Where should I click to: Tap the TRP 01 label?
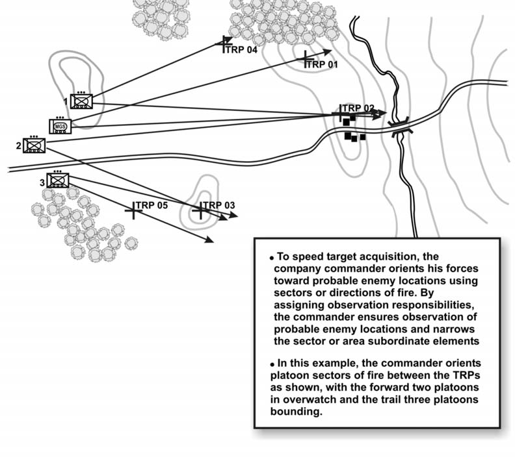coord(323,65)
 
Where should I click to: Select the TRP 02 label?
coord(359,108)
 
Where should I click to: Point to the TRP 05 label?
coord(152,205)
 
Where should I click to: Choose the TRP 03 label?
coord(219,205)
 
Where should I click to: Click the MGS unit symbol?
coord(59,125)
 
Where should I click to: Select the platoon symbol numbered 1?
coord(82,101)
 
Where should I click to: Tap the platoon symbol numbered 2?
coord(33,145)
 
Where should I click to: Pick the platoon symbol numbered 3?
coord(58,180)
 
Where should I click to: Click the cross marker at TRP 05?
coord(134,210)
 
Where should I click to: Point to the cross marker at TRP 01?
coord(305,59)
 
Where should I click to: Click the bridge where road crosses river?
coord(398,125)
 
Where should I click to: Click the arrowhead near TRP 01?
coord(328,51)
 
